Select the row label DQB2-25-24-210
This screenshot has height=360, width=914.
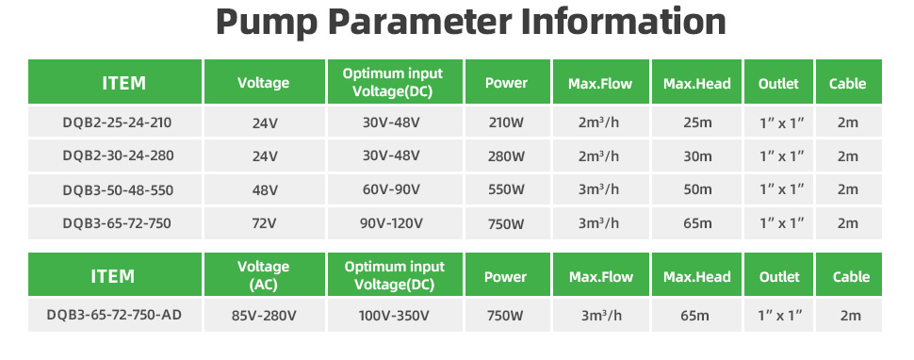pos(117,123)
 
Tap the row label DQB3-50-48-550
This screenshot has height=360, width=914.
pos(117,190)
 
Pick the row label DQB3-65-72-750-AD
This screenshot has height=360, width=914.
pos(114,315)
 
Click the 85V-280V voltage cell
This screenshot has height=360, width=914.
pos(264,316)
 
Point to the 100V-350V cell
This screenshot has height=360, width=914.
pos(394,316)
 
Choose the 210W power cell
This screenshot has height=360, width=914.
pos(507,123)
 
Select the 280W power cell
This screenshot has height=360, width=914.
pos(507,156)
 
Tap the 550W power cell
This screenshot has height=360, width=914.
pos(507,190)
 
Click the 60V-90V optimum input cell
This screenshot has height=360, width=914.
pos(394,190)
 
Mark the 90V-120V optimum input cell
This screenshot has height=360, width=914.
pos(394,223)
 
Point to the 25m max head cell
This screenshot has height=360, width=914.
pos(697,123)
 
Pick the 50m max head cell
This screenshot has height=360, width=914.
pos(697,190)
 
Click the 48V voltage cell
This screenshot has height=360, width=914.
pos(265,190)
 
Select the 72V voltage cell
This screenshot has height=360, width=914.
pos(265,223)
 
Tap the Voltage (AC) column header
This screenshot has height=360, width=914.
pos(264,275)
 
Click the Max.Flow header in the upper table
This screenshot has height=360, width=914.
pos(600,83)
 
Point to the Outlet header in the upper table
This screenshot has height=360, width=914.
pos(778,83)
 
